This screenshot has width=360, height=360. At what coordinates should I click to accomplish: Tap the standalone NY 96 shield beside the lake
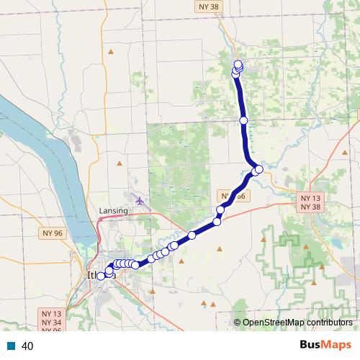pos(53,233)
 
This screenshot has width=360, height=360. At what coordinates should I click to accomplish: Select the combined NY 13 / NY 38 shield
pos(311,202)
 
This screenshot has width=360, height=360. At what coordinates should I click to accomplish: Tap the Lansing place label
pos(112,210)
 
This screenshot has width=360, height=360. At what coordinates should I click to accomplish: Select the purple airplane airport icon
pos(138,199)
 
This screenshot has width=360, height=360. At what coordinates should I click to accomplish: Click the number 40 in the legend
pos(28,346)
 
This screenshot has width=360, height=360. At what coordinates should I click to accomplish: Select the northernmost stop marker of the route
pos(238,64)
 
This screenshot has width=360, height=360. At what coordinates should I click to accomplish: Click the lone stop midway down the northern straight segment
pos(243,120)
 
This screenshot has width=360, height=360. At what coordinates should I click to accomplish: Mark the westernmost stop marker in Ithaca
pos(101,276)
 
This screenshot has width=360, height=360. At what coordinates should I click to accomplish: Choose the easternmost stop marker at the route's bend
pos(259,168)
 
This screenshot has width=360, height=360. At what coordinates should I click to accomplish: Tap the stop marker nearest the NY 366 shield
pos(221,210)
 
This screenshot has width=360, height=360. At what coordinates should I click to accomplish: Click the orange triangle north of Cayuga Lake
pos(110,52)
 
